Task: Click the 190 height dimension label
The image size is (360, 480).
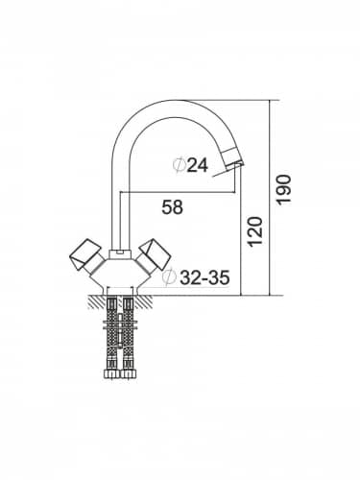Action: point(284,189)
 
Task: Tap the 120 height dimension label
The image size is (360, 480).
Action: point(255,231)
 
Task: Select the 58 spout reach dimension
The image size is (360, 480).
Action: point(173,206)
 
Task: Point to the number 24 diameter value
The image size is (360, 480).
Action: point(198,165)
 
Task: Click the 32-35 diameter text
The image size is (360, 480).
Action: point(204,277)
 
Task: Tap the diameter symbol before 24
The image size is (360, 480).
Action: point(180,165)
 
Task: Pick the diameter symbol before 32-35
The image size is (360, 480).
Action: point(169,277)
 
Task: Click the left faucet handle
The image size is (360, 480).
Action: point(84,256)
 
